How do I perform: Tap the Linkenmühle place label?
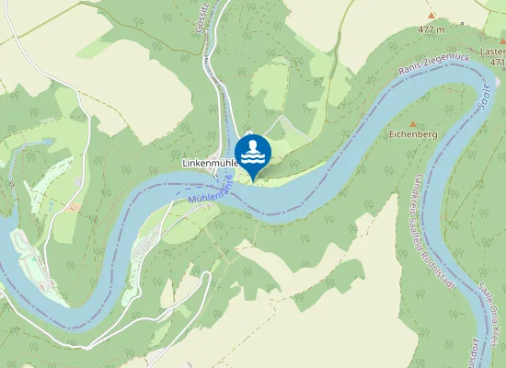211,164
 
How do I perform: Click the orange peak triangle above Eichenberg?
413,123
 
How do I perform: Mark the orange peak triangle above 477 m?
430,16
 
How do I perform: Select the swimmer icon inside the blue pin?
252,150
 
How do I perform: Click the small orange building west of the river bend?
71,207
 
